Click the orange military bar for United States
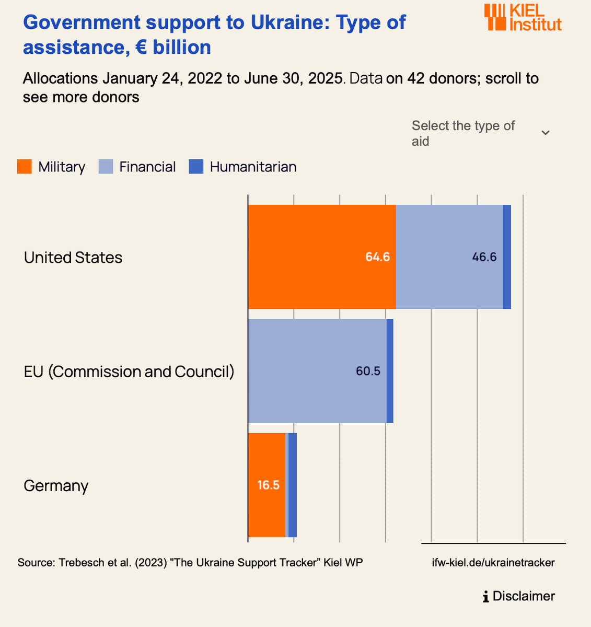[321, 257]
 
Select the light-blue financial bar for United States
[449, 257]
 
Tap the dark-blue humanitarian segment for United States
[507, 257]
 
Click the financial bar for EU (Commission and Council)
[317, 371]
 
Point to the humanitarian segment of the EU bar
[390, 371]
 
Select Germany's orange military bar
[266, 485]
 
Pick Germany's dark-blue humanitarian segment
[293, 485]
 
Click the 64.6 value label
[377, 257]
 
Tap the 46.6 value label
[484, 257]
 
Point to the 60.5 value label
[368, 371]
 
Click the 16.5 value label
[268, 485]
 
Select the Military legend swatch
[25, 167]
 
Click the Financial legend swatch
[106, 167]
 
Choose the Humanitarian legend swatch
[196, 167]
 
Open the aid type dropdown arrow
[545, 133]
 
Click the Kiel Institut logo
[523, 18]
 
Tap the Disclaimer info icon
[486, 596]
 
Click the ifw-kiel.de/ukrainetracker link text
[493, 563]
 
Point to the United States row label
[73, 258]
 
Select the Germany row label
[56, 486]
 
